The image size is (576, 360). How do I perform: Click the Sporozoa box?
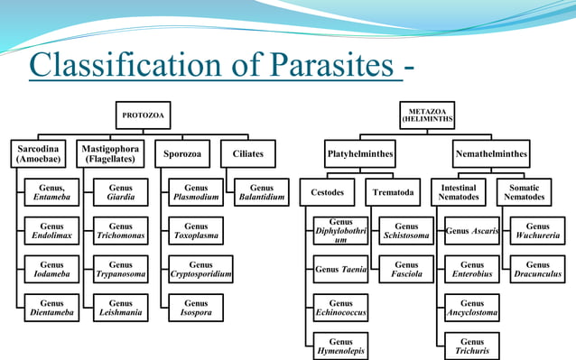pos(181,153)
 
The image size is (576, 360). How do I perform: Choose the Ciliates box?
pos(248,153)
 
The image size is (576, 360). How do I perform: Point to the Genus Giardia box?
pos(120,192)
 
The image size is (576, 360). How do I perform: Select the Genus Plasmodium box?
pos(196,192)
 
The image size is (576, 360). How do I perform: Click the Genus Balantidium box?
pos(262,192)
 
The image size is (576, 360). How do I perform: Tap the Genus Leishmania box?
pos(120,308)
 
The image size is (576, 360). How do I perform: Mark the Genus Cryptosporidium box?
pos(200,269)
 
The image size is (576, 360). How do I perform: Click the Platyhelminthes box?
pos(360,153)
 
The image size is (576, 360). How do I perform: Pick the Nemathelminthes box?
pos(491,153)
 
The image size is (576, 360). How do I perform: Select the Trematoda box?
pos(394,192)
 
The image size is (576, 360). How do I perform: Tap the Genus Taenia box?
pos(340,269)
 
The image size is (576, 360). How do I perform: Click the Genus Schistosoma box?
pos(406,231)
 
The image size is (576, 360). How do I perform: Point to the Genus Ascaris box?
pos(471,231)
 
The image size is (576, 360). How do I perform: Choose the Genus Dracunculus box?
pos(537,269)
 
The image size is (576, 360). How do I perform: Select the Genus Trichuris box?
pos(471,346)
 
